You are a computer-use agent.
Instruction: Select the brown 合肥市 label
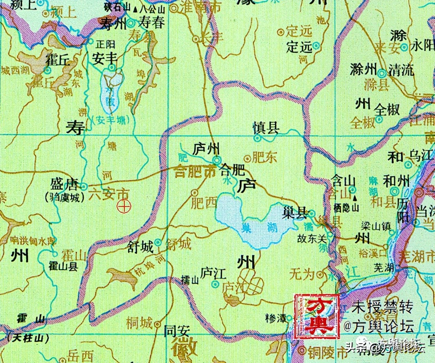tap(195, 170)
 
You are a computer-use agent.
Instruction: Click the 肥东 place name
tap(264, 157)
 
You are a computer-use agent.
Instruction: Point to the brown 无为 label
tap(301, 274)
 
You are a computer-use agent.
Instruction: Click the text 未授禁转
tap(382, 307)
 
